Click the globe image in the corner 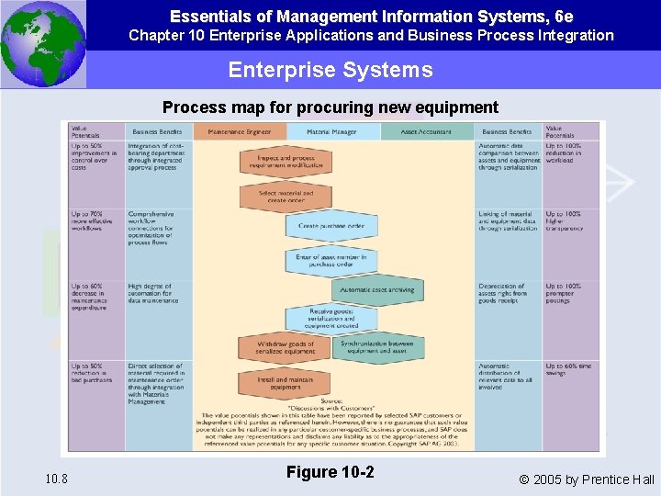coord(43,43)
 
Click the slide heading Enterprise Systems coord(330,70)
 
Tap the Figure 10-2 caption coord(330,472)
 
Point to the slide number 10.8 coord(55,479)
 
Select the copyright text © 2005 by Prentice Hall coord(587,479)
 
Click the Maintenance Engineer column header coord(240,132)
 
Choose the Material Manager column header coord(332,132)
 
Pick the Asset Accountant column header coord(425,132)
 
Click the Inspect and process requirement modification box coord(286,163)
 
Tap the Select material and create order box coord(286,197)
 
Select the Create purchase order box coord(330,226)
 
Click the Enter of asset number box coord(330,260)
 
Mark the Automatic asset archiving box coord(377,290)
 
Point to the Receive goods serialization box coord(331,319)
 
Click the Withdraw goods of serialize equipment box coord(286,347)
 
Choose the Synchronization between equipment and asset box coord(376,347)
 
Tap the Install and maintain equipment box coord(286,383)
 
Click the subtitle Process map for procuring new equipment coord(330,107)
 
